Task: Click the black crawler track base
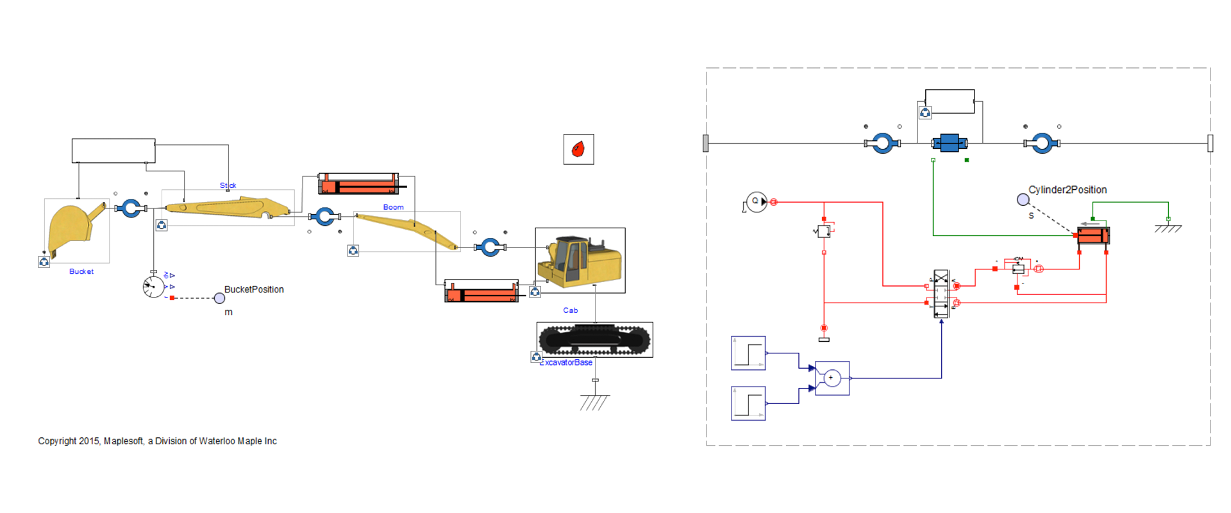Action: click(594, 339)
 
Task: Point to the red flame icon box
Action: click(578, 149)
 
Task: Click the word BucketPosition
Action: click(253, 289)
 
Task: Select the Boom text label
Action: click(393, 207)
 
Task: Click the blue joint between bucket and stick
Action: click(131, 208)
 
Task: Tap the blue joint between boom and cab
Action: click(490, 246)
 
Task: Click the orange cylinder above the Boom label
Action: click(362, 187)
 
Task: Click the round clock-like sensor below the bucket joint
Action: click(154, 286)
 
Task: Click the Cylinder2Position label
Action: click(1068, 190)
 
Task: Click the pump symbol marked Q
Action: click(757, 201)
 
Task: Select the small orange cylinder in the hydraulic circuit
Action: click(1093, 235)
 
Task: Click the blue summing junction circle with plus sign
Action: click(832, 378)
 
